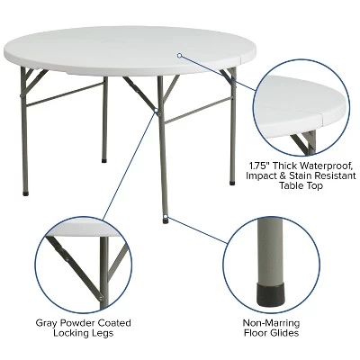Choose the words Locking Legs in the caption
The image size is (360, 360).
pyautogui.click(x=83, y=333)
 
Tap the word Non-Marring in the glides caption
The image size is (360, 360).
pyautogui.click(x=271, y=323)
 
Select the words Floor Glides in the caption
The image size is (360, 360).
pyautogui.click(x=271, y=333)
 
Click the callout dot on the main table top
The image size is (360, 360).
pyautogui.click(x=180, y=56)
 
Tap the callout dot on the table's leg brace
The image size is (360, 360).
pyautogui.click(x=157, y=111)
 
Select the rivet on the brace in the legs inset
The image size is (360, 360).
pyautogui.click(x=102, y=297)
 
